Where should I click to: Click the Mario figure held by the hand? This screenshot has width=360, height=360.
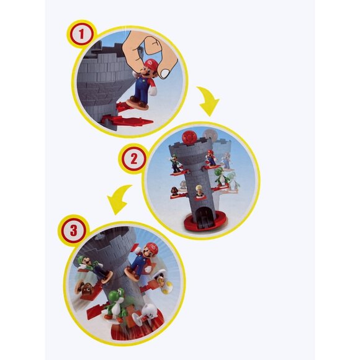tap(142, 80)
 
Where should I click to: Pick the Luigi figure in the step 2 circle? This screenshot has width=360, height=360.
tap(176, 163)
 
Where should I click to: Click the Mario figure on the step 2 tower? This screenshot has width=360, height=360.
tap(211, 158)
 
